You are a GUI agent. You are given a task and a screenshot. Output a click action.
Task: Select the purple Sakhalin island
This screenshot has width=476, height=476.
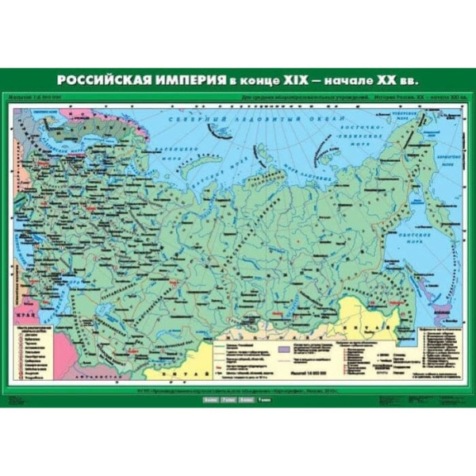[x=431, y=294]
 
